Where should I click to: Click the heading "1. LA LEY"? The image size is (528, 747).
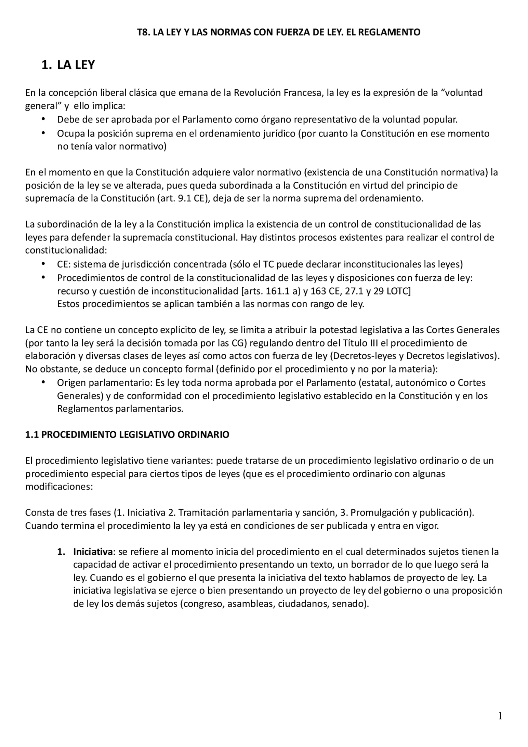[68, 65]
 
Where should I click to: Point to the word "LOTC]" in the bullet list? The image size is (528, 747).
[398, 291]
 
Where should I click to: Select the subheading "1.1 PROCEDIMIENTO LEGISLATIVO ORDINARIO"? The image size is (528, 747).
[127, 435]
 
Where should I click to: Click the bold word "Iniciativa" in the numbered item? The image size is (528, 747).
[93, 552]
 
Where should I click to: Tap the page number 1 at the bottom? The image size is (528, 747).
[500, 716]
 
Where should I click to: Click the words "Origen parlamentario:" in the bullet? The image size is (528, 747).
[105, 383]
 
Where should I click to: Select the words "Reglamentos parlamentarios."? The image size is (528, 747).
[120, 409]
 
